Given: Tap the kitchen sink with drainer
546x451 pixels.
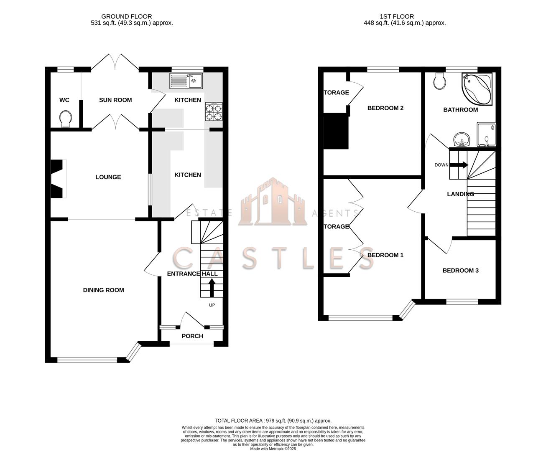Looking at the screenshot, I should (186, 81).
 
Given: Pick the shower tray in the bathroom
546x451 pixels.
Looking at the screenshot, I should (486, 134).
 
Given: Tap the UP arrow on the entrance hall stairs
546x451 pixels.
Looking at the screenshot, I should (212, 288).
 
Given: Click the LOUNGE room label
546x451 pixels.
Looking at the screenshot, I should (108, 177).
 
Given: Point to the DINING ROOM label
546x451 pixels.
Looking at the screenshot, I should (103, 290).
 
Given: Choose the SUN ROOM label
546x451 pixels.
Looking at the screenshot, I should (115, 100).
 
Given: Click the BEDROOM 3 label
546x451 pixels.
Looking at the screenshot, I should (460, 271).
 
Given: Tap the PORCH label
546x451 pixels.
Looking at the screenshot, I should (192, 336).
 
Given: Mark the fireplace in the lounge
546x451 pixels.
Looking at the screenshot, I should (58, 179).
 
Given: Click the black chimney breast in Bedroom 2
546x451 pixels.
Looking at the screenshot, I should (336, 132).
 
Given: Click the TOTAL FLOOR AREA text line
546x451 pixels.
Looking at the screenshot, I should (273, 421).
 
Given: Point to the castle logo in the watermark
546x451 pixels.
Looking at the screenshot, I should (273, 202).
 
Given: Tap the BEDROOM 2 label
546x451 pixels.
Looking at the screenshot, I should (385, 108).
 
